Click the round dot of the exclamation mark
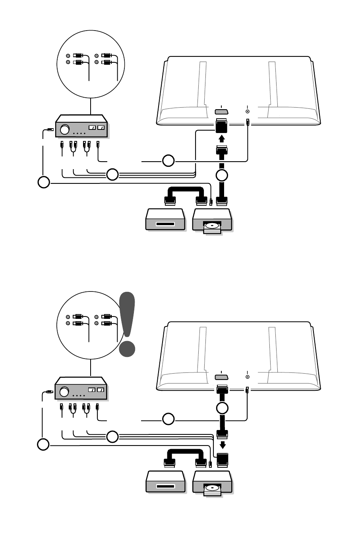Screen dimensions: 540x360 pos(127,348)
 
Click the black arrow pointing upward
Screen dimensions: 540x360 pos(222,139)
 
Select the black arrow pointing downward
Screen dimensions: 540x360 pos(223,444)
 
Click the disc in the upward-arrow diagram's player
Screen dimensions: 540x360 pos(213,226)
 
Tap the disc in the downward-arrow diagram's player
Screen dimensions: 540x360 pos(213,487)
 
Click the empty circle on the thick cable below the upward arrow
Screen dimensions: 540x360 pos(222,175)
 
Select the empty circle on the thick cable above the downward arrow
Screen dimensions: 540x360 pos(222,408)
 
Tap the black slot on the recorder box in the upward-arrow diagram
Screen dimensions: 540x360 pos(165,225)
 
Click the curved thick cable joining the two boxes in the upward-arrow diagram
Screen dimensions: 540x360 pos(183,189)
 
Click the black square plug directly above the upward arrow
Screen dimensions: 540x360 pos(222,126)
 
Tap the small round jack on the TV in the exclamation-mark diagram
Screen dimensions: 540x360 pos(248,377)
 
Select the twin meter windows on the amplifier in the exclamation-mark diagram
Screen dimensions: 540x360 pos(97,390)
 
